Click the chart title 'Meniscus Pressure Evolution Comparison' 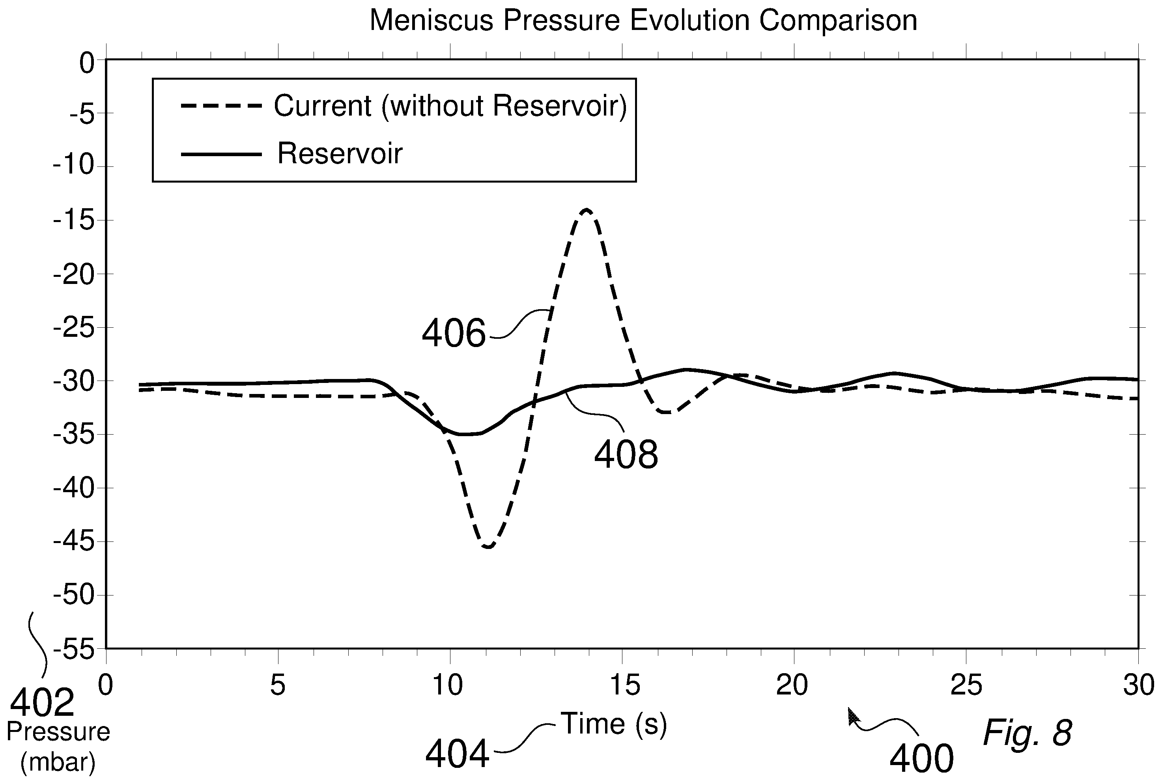[643, 21]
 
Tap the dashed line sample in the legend [222, 106]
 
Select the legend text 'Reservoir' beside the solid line [340, 153]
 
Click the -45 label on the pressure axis [74, 541]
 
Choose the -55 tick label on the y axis [74, 649]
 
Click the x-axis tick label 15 [622, 685]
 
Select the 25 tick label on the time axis [966, 685]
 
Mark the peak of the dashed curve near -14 [587, 209]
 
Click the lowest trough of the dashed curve [488, 546]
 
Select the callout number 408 [626, 454]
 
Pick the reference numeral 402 [43, 702]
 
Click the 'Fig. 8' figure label [1027, 732]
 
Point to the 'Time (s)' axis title [614, 724]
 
